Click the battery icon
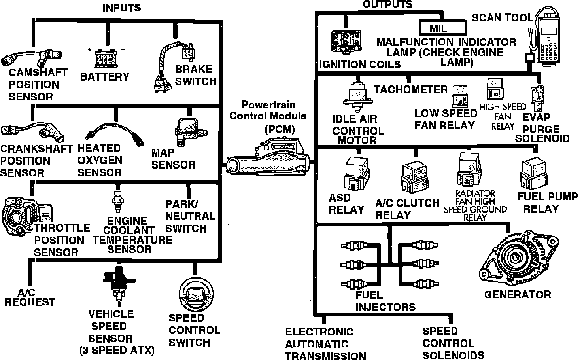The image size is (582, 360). click(x=106, y=59)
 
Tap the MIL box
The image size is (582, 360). click(x=442, y=28)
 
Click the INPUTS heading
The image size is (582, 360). click(x=121, y=8)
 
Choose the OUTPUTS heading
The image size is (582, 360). click(x=387, y=4)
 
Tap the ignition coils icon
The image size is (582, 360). click(x=346, y=41)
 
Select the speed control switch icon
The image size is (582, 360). click(x=196, y=294)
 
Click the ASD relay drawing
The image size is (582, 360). click(x=357, y=173)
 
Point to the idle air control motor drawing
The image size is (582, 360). click(x=357, y=97)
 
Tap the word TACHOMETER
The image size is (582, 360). click(x=410, y=89)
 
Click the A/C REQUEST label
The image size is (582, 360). click(x=29, y=297)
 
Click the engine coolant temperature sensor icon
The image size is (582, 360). click(x=117, y=201)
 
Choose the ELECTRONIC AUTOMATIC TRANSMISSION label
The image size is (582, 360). click(x=325, y=344)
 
